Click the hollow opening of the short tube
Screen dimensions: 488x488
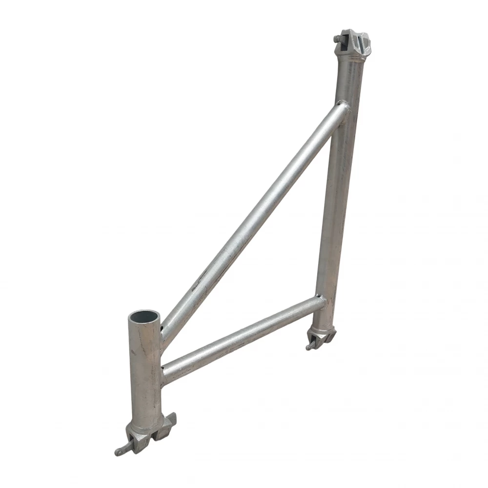point(144,316)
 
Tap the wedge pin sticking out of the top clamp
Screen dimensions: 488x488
point(337,39)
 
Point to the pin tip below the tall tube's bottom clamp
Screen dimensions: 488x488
point(309,347)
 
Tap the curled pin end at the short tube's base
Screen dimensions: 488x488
point(119,451)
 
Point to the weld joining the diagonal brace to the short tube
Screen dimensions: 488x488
point(163,332)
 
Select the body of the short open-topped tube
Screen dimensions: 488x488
point(145,376)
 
